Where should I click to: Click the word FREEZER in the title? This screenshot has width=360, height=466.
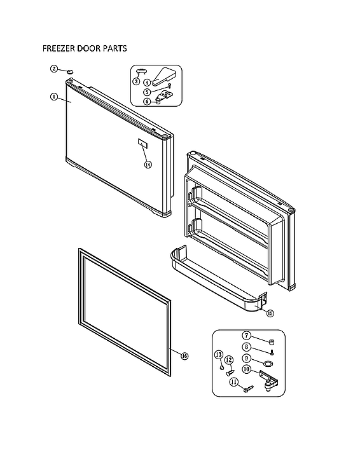[x=60, y=48]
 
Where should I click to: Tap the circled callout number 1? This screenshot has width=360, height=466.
[x=54, y=97]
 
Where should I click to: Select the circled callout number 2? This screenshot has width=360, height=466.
[x=54, y=69]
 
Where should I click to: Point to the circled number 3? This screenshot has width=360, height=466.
[x=135, y=81]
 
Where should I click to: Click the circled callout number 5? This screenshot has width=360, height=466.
[x=146, y=92]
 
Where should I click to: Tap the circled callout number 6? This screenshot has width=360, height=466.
[x=146, y=101]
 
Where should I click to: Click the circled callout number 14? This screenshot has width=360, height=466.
[x=148, y=164]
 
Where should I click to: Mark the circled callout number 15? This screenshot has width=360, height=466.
[x=270, y=313]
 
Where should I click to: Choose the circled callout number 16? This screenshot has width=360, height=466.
[x=184, y=356]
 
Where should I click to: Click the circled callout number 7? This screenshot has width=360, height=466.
[x=246, y=335]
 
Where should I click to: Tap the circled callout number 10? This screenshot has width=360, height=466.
[x=246, y=370]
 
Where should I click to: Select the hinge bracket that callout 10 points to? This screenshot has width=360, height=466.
[x=270, y=382]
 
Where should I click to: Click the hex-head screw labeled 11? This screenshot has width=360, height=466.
[x=247, y=388]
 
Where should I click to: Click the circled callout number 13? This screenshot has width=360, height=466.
[x=218, y=354]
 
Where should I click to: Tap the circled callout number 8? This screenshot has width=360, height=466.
[x=246, y=347]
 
